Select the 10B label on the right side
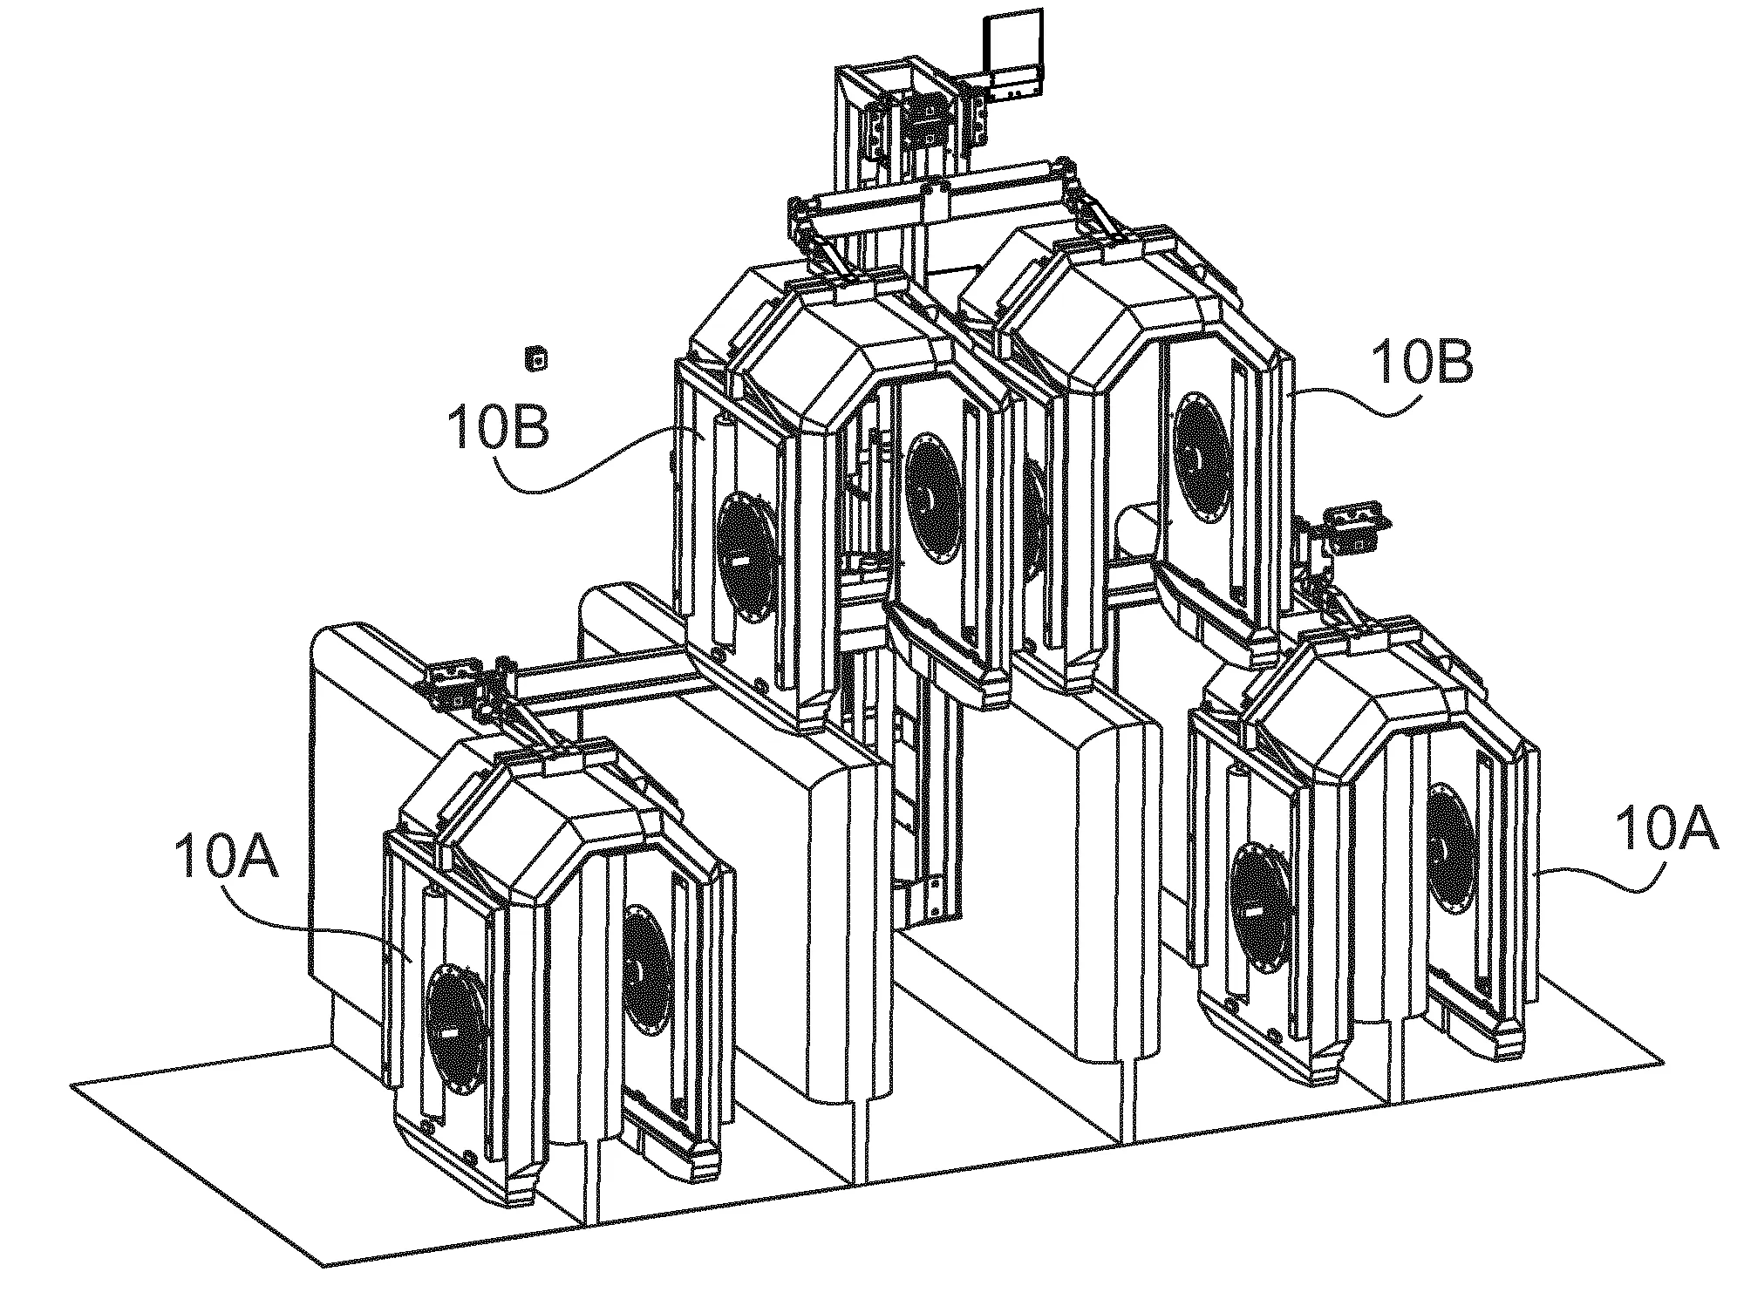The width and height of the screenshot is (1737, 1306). [x=1422, y=364]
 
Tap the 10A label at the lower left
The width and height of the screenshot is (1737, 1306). [x=225, y=857]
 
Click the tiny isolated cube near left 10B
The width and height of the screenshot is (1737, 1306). [x=535, y=358]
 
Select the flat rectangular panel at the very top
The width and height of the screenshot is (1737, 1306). [x=1013, y=52]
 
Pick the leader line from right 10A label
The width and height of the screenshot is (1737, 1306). [x=1596, y=879]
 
